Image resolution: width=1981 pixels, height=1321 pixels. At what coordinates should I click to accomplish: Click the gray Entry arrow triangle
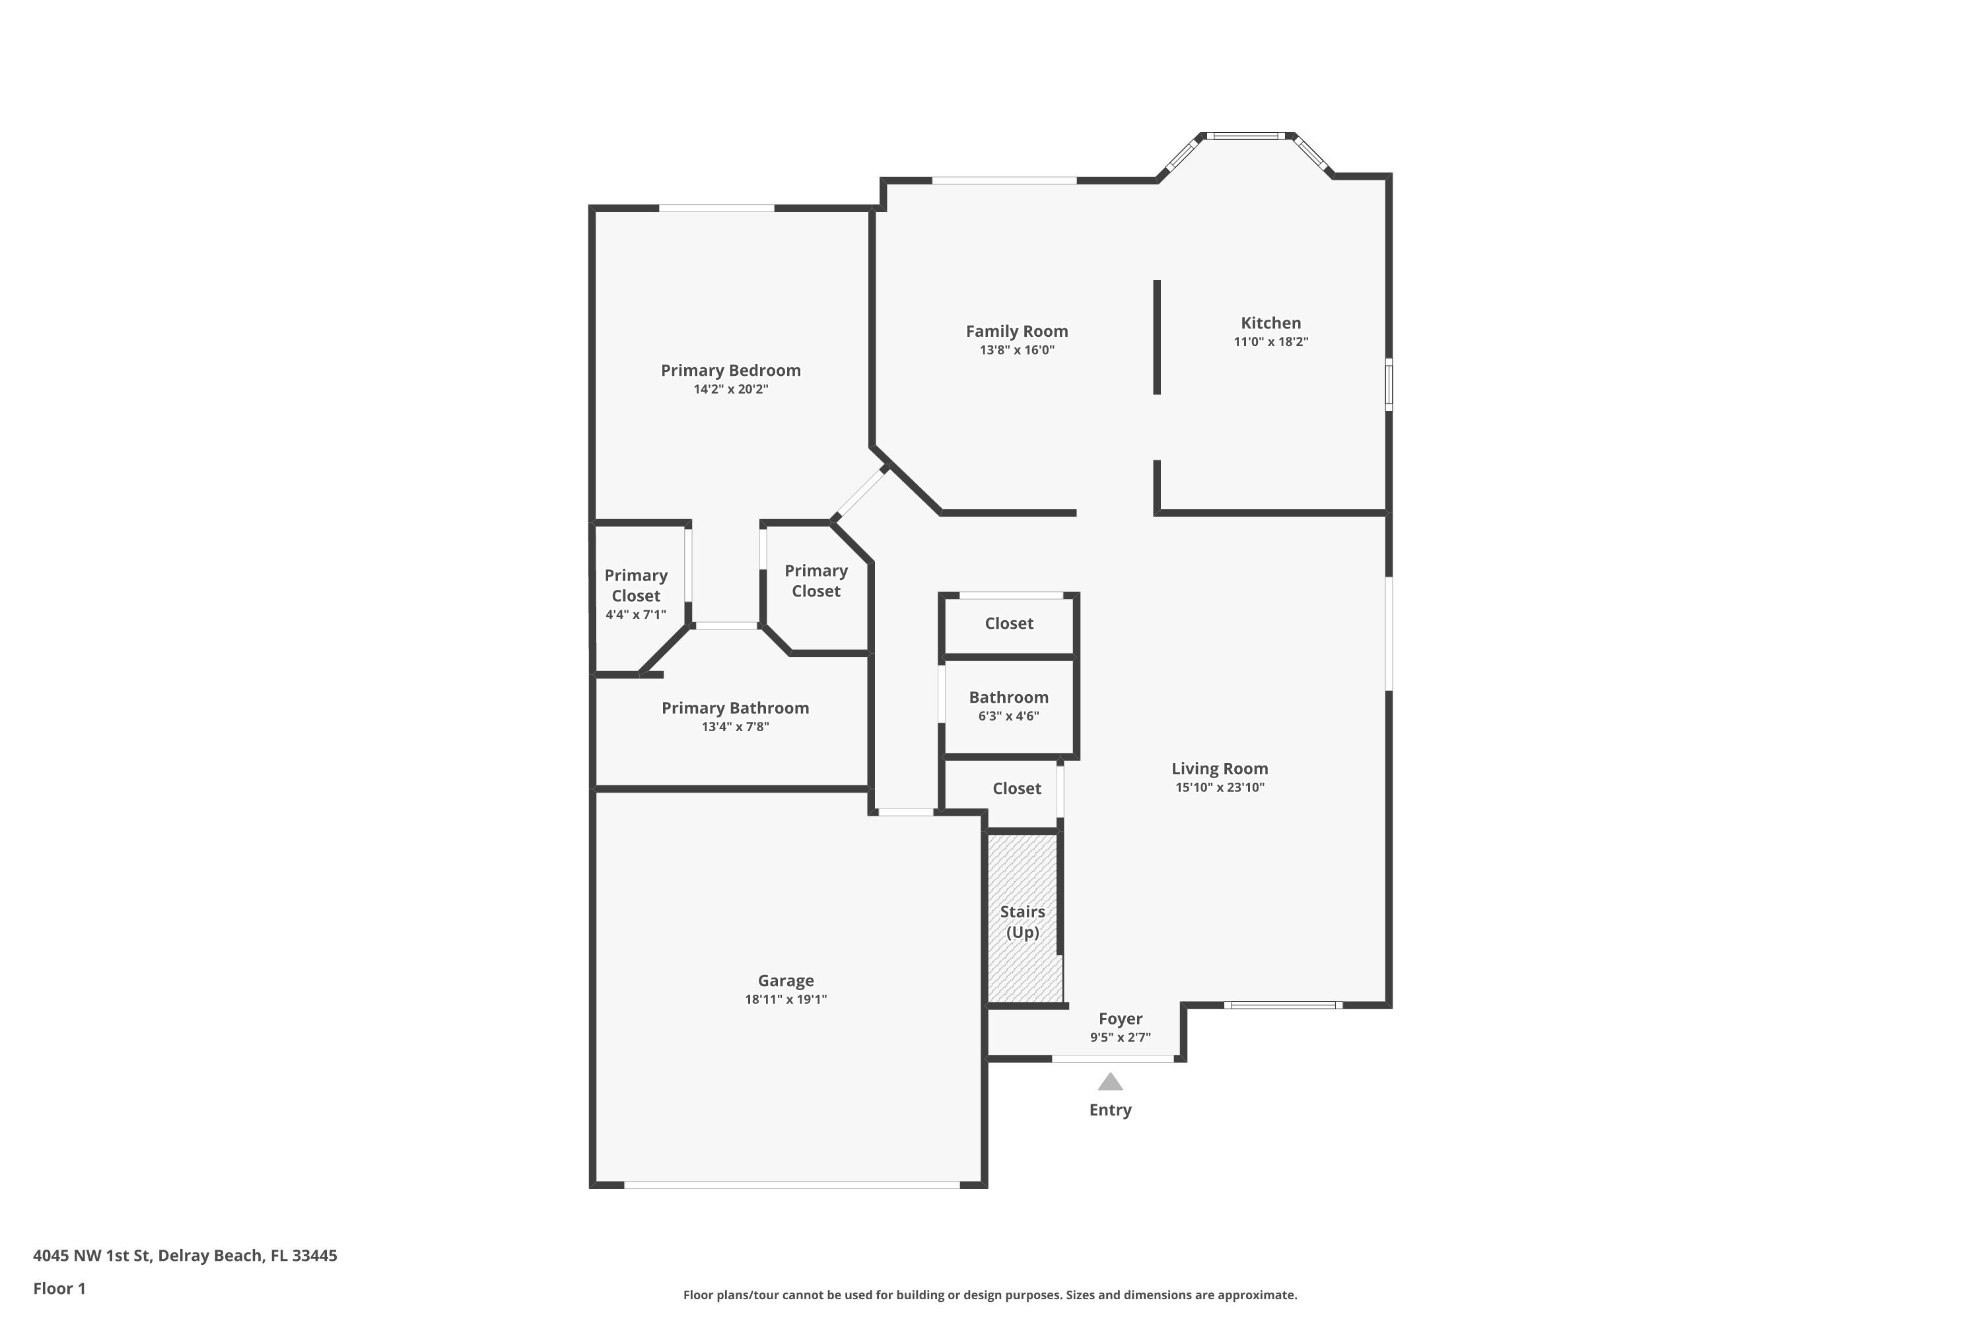(1110, 1082)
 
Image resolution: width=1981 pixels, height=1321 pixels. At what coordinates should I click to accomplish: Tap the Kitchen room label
(1270, 323)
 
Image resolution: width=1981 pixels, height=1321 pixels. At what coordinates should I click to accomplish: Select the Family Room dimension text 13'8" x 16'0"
(1017, 349)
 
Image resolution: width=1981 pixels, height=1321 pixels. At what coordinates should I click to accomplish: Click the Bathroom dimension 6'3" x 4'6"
(1008, 716)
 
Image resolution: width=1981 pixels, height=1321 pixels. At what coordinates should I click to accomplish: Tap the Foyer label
(1120, 1018)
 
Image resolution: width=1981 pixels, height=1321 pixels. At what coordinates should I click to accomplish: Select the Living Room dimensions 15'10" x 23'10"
(1220, 787)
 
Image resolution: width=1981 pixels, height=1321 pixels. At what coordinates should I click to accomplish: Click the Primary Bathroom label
(734, 707)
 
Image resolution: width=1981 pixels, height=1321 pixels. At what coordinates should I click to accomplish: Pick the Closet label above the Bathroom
(1008, 624)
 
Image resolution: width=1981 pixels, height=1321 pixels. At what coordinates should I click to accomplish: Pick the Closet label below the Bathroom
(1017, 789)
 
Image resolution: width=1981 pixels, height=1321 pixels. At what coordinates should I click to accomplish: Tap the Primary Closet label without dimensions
(816, 581)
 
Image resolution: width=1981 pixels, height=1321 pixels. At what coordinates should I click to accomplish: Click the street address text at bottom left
(186, 1256)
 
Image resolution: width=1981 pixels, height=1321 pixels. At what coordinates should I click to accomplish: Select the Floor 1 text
(59, 1288)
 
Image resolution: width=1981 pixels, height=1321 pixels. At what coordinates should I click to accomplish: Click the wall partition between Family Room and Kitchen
(1156, 337)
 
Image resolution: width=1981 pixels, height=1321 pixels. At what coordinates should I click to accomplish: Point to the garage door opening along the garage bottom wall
(792, 1184)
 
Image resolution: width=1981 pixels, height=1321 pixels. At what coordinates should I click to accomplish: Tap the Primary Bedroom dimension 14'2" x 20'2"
(730, 388)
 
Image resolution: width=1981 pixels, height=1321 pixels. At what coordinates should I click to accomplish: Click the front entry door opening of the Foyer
(1113, 1058)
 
